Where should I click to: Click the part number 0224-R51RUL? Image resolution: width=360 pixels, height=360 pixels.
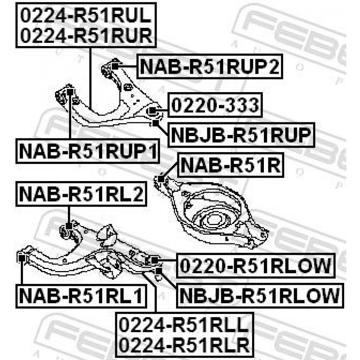pos(86,15)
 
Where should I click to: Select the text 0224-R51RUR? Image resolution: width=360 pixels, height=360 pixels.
pos(86,35)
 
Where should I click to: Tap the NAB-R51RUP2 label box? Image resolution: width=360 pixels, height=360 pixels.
pos(210,66)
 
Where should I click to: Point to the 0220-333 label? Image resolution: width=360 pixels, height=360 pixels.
pos(215,105)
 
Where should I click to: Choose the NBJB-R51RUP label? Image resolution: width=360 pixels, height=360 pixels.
pos(241,135)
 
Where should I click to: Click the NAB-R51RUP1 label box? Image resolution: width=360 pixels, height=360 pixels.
pos(87,151)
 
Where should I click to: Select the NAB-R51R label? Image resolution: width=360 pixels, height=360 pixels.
pos(230,165)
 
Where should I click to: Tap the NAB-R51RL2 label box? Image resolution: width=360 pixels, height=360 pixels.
pos(81,194)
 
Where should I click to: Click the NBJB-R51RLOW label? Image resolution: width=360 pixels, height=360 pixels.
pos(260,296)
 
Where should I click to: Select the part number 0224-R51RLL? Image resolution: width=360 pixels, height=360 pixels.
pos(184,325)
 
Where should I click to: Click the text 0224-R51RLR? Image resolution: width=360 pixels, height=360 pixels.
pos(184,345)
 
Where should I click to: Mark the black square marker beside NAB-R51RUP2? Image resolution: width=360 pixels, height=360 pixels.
pos(115,66)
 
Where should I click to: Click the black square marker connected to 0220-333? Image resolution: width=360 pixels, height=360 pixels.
pos(152,111)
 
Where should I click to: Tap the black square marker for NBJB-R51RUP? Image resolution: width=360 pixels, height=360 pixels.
pos(156,123)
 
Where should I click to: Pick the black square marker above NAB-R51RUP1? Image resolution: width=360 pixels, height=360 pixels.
pos(70,92)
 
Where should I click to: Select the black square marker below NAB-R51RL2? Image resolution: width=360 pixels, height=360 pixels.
pos(69,226)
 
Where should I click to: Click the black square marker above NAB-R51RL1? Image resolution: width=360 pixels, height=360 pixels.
pos(22,258)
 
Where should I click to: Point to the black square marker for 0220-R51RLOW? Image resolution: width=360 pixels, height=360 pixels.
pos(155,260)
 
